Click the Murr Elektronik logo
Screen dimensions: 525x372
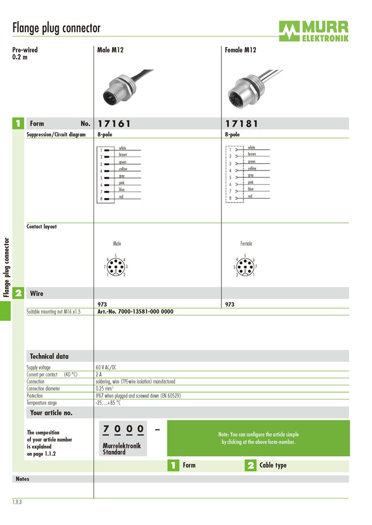tap(314, 30)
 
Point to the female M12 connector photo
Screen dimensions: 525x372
tap(241, 87)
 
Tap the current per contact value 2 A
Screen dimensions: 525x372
tap(99, 374)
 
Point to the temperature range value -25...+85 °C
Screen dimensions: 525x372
tap(108, 403)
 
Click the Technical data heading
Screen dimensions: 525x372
tap(49, 356)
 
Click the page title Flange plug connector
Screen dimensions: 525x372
tap(56, 28)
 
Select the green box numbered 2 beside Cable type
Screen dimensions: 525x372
tap(251, 465)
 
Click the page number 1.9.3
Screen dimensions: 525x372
tap(17, 501)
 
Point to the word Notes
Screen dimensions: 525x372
tap(23, 479)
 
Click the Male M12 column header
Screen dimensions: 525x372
tap(110, 50)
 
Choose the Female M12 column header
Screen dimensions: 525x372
tap(240, 50)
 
